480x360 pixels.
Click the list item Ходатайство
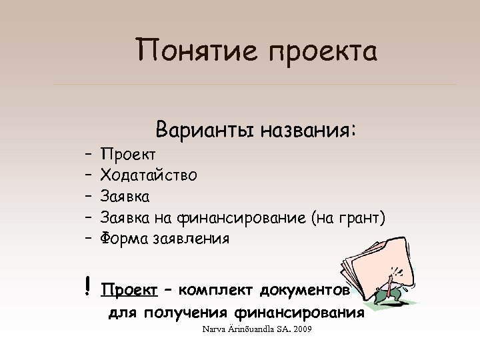(x=149, y=175)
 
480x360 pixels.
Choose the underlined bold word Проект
(x=128, y=291)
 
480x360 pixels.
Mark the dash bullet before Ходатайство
(x=89, y=175)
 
